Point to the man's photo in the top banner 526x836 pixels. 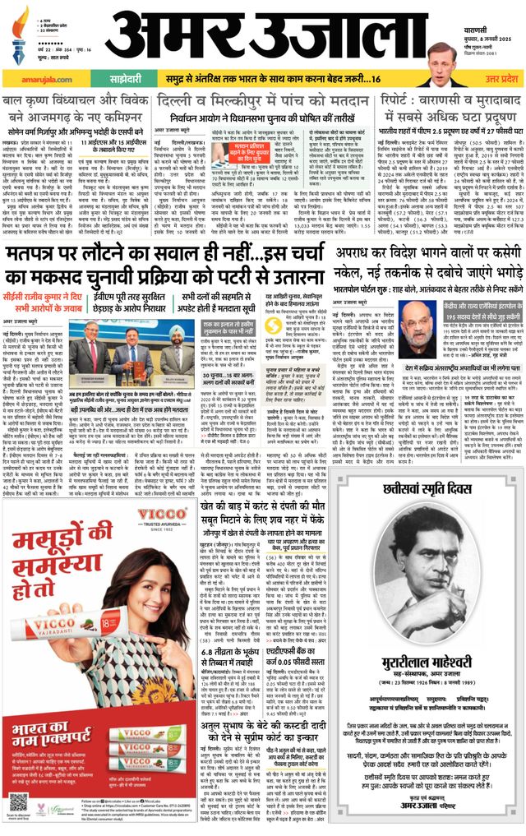click(x=441, y=62)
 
